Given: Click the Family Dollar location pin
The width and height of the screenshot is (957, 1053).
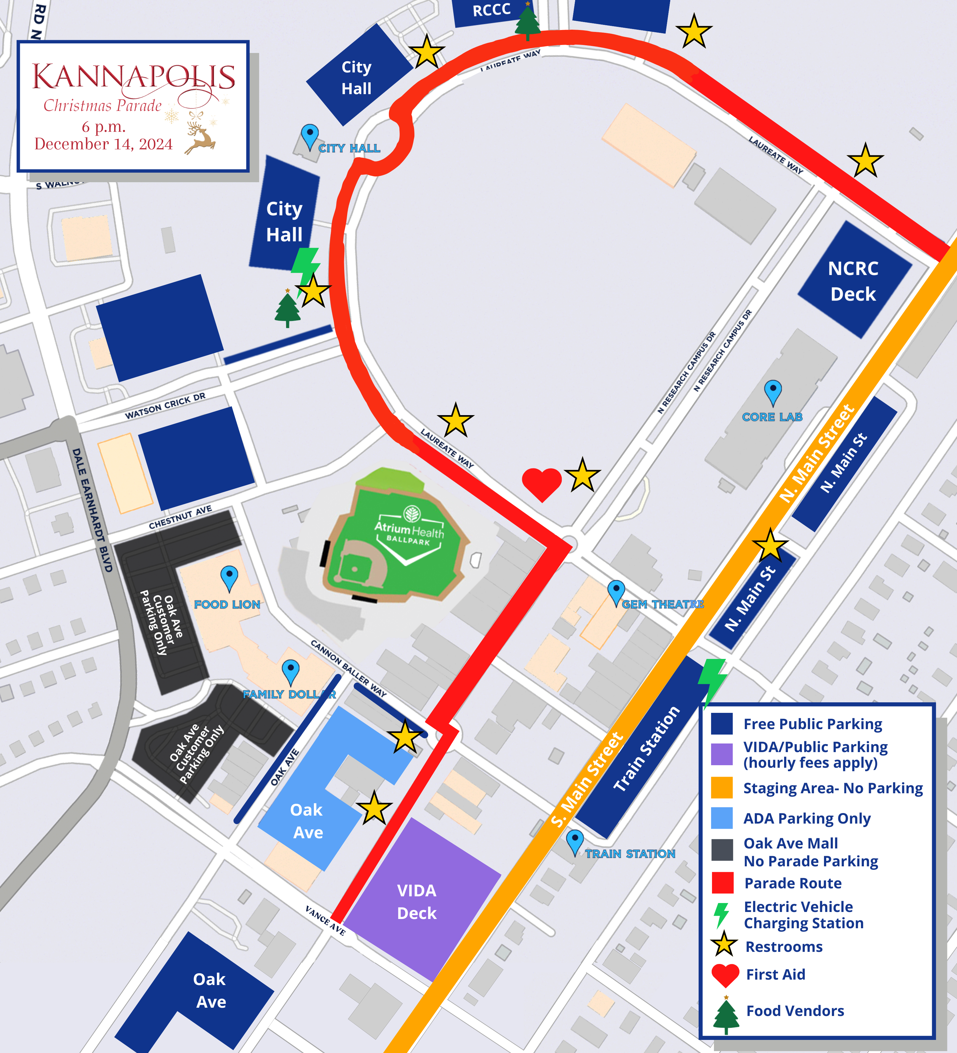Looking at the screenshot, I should [290, 670].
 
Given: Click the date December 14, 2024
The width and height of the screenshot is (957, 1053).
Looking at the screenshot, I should [103, 144].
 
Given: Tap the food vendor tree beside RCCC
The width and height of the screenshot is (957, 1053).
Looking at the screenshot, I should [527, 21].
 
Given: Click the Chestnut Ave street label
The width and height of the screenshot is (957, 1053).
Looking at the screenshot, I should [180, 517].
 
